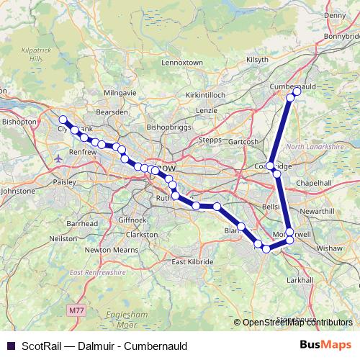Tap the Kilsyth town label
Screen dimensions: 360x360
(x=257, y=59)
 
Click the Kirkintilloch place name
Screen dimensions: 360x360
(x=206, y=94)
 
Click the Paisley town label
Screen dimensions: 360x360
(x=64, y=182)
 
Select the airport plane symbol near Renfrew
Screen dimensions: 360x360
(x=58, y=157)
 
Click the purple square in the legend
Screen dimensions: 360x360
(x=10, y=346)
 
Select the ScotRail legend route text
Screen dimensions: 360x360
(x=105, y=346)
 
